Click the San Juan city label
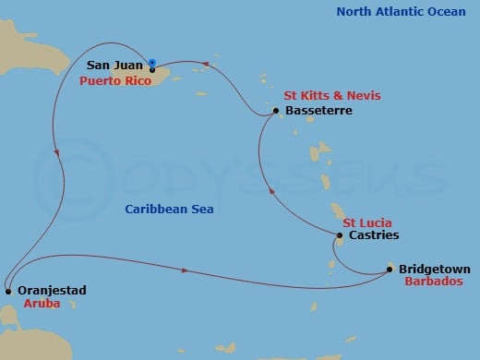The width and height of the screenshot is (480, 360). click(x=115, y=66)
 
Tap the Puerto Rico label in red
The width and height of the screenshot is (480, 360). click(x=115, y=80)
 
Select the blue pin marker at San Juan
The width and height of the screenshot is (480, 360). click(x=152, y=64)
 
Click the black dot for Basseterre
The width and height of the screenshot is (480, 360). click(x=276, y=112)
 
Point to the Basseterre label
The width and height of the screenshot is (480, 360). click(x=319, y=111)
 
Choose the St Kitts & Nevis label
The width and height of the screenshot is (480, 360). click(x=331, y=96)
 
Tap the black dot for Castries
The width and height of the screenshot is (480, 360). click(x=339, y=235)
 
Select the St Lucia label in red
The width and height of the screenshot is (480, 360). click(x=366, y=222)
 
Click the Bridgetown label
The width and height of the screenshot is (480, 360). click(x=435, y=269)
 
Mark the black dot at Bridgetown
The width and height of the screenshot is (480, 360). click(x=390, y=270)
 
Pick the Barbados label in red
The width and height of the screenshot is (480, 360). click(x=434, y=282)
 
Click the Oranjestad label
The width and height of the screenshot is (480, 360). click(x=53, y=290)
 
